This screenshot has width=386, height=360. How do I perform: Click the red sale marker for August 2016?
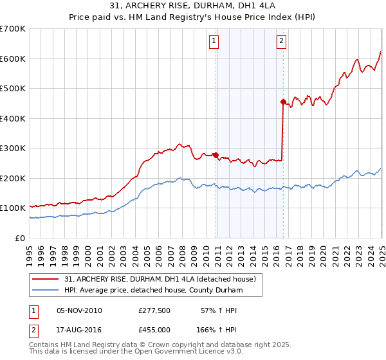pos(283,102)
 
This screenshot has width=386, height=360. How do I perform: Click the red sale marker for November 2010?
pos(216,155)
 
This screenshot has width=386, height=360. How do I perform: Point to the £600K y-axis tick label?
pos(12,59)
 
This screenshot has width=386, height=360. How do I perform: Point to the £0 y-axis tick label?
pos(20,238)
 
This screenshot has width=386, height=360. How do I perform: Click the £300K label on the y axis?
pos(12,148)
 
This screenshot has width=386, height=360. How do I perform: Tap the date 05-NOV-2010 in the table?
pos(79,310)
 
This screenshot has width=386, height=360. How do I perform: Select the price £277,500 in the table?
pos(154,310)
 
